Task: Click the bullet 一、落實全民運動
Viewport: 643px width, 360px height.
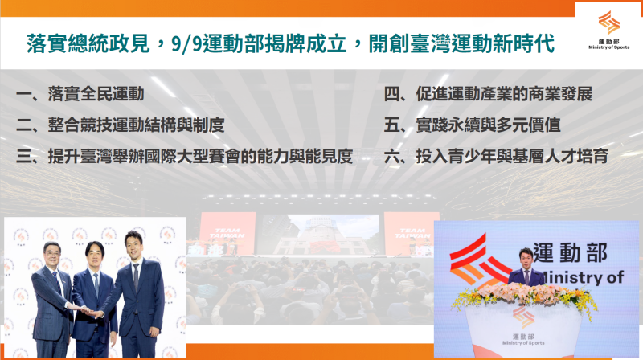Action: tap(80, 95)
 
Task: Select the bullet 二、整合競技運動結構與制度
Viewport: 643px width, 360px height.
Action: tap(120, 125)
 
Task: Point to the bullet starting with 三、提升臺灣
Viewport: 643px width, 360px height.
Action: tap(185, 156)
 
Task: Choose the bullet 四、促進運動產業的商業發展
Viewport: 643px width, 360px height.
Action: tap(488, 95)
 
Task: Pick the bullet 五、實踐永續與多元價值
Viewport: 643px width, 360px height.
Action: tap(467, 125)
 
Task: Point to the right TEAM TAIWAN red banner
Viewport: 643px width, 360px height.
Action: tap(411, 232)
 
